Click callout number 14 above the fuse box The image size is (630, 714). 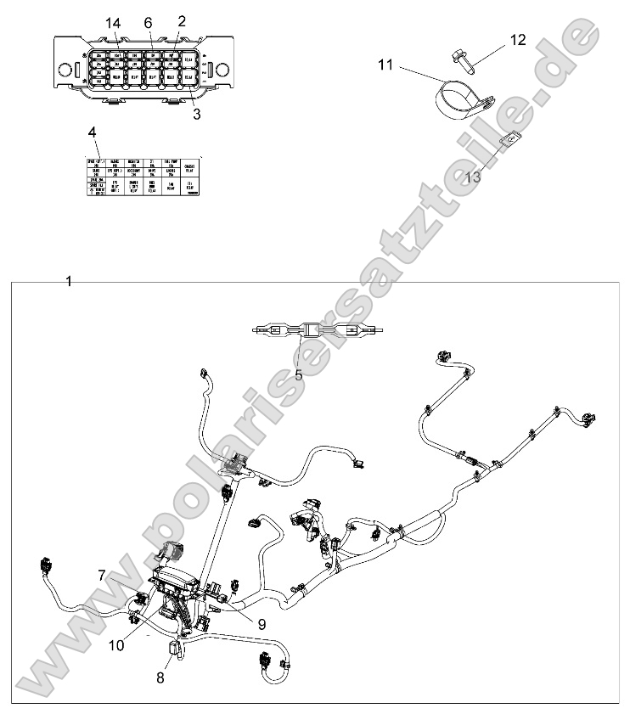(114, 22)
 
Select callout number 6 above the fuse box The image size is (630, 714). (148, 22)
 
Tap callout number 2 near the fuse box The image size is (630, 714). (181, 21)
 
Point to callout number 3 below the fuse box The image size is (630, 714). (196, 113)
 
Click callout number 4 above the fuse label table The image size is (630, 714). (92, 132)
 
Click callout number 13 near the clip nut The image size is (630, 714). (473, 177)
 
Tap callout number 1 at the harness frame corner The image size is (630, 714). (69, 281)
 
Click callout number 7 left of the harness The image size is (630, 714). (101, 575)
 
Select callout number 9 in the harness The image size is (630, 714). (262, 623)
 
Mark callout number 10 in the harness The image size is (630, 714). (116, 644)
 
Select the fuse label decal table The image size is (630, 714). (142, 177)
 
